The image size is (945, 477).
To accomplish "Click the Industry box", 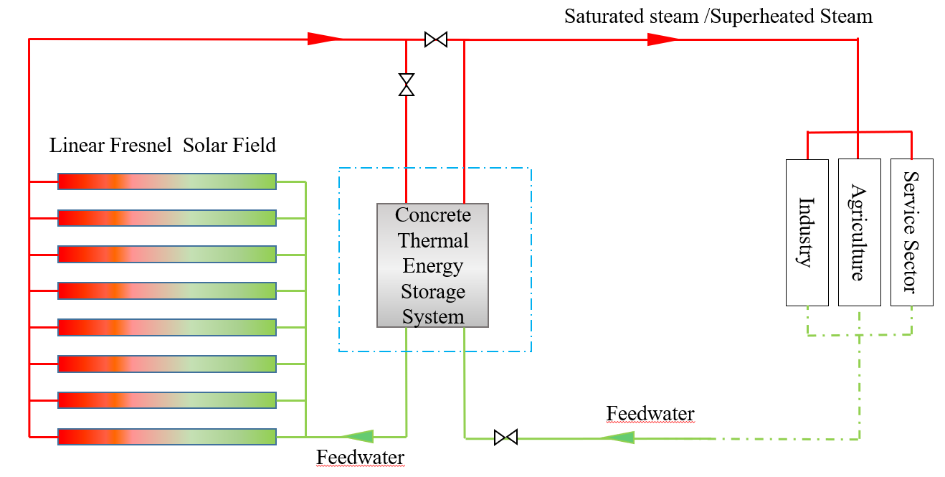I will pyautogui.click(x=807, y=232).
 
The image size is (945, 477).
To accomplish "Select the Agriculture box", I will pyautogui.click(x=859, y=232).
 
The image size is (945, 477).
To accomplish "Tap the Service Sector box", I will pyautogui.click(x=911, y=232).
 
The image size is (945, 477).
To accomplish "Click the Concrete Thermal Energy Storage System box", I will pyautogui.click(x=432, y=265).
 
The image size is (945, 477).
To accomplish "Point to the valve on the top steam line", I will pyautogui.click(x=435, y=39).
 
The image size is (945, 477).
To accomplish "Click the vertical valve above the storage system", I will pyautogui.click(x=407, y=85).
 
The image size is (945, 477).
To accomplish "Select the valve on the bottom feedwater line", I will pyautogui.click(x=505, y=437).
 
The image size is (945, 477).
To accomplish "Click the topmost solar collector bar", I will pyautogui.click(x=166, y=181).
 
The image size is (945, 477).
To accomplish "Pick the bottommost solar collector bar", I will pyautogui.click(x=166, y=437).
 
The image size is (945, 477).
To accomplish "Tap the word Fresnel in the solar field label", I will pyautogui.click(x=141, y=146).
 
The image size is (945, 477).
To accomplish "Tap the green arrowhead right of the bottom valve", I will pyautogui.click(x=617, y=437).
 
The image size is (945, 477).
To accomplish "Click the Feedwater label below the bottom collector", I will pyautogui.click(x=360, y=458).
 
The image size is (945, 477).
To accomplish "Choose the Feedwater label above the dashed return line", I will pyautogui.click(x=650, y=414).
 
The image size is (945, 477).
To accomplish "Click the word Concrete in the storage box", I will pyautogui.click(x=433, y=215).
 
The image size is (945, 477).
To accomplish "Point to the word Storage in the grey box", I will pyautogui.click(x=433, y=292).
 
